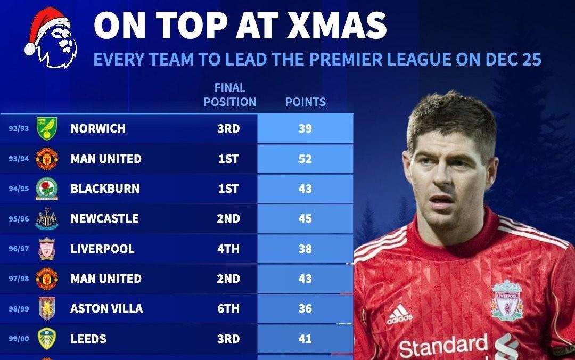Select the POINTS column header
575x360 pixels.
pyautogui.click(x=305, y=102)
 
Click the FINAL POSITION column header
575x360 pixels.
pyautogui.click(x=229, y=95)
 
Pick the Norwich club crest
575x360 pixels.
pyautogui.click(x=47, y=128)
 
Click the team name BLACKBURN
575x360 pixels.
pyautogui.click(x=104, y=189)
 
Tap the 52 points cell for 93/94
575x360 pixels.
pyautogui.click(x=305, y=159)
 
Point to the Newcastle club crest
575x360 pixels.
pyautogui.click(x=47, y=219)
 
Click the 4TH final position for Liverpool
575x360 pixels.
pyautogui.click(x=228, y=249)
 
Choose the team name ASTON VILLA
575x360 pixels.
pyautogui.click(x=106, y=308)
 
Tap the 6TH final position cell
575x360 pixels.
pyautogui.click(x=228, y=308)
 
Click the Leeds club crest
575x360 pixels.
pyautogui.click(x=47, y=339)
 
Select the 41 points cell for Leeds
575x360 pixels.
pyautogui.click(x=305, y=339)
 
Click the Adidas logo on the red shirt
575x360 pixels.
pyautogui.click(x=399, y=314)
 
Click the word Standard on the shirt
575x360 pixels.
pyautogui.click(x=443, y=347)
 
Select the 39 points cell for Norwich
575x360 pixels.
pyautogui.click(x=305, y=128)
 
